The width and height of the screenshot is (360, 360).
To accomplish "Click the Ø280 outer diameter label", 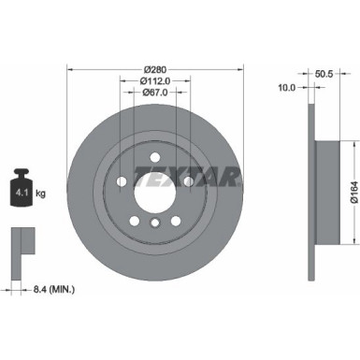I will click(156, 69).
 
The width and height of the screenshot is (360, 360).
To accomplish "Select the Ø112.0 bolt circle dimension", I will click(156, 80).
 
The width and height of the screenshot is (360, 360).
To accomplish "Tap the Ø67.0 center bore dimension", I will click(156, 92).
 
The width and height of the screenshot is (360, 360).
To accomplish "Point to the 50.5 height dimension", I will click(324, 71).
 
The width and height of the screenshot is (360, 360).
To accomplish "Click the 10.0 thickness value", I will click(287, 87).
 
